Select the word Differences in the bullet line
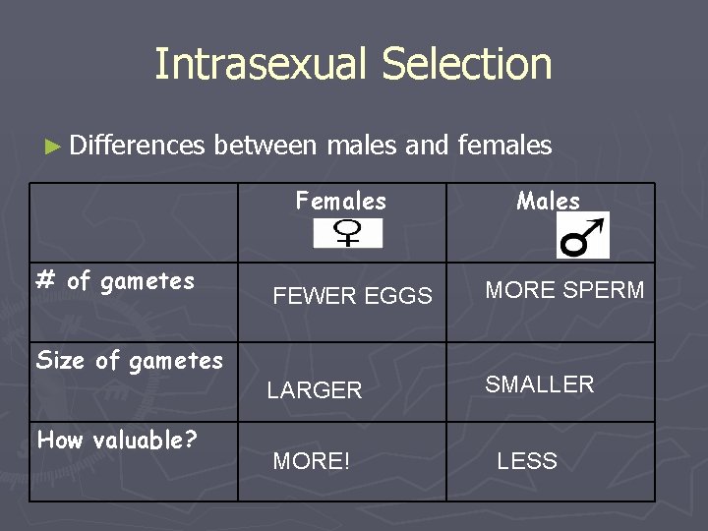[138, 146]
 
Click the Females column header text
[340, 202]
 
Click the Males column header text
[548, 202]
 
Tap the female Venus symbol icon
[347, 233]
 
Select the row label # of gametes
[115, 281]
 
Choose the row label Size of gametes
[129, 361]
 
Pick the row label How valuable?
[117, 441]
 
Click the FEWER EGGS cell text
[352, 296]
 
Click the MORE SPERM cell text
[564, 290]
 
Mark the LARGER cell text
[315, 390]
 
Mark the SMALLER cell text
[539, 384]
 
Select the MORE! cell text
[311, 461]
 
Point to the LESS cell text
[526, 461]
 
